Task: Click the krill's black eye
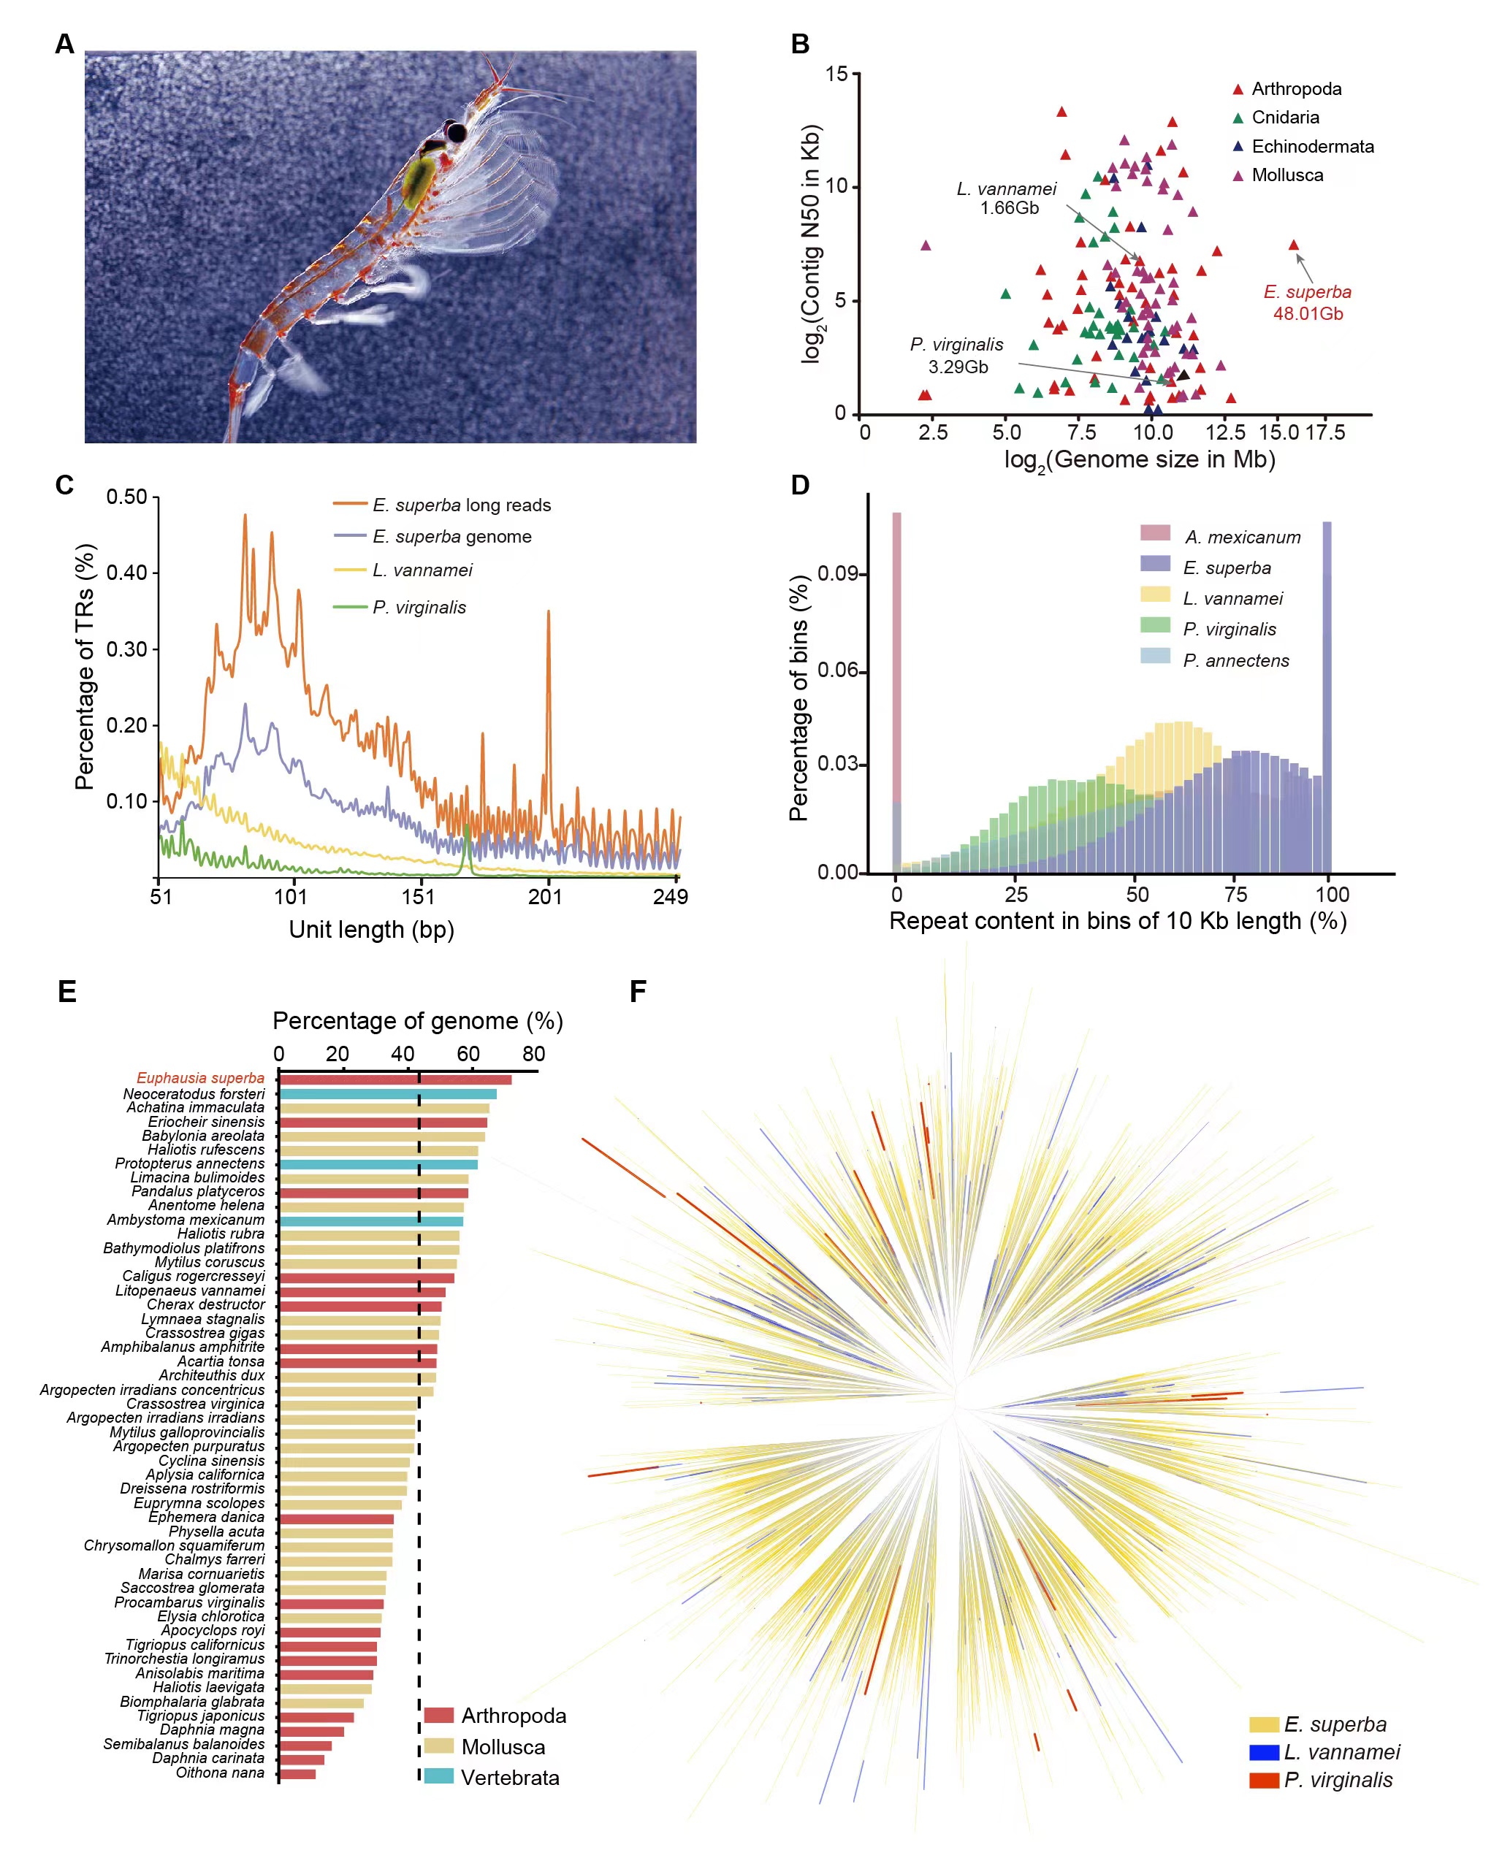[456, 132]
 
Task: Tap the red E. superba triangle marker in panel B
[1294, 245]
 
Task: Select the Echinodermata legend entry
[1311, 147]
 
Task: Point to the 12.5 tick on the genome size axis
[1225, 432]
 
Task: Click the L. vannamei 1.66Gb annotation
[1008, 198]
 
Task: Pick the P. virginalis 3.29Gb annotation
[957, 356]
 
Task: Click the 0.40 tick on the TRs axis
[126, 573]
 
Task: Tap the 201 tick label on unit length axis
[546, 897]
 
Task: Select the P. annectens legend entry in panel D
[1235, 661]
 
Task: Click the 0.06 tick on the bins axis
[836, 670]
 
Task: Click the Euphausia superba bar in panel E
[395, 1079]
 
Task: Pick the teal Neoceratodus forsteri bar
[388, 1094]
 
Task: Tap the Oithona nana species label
[220, 1773]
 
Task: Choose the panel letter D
[801, 485]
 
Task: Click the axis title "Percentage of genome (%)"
[418, 1022]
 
